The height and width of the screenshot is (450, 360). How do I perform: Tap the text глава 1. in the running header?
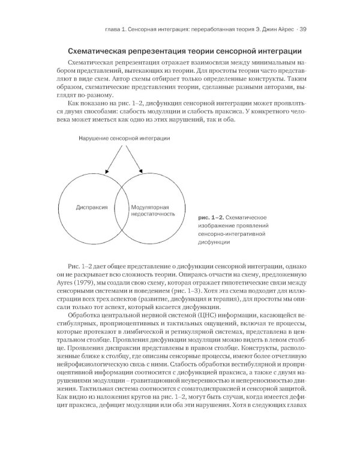(114, 29)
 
